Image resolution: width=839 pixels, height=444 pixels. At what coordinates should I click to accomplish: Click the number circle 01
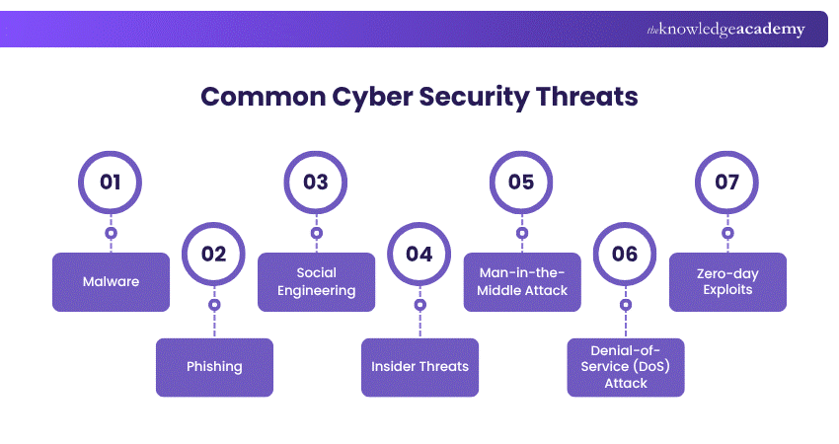111,183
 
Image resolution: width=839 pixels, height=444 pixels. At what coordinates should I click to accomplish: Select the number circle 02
214,254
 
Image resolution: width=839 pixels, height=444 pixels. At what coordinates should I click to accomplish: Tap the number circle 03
316,183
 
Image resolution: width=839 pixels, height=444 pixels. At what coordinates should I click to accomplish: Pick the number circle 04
419,254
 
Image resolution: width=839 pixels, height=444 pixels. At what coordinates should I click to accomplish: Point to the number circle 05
521,183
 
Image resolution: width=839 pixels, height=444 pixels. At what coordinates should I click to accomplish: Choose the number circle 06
625,254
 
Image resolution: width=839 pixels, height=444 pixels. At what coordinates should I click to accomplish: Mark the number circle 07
727,183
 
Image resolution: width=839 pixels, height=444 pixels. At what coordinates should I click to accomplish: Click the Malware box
111,282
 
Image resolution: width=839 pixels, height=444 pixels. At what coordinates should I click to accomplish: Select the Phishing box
214,367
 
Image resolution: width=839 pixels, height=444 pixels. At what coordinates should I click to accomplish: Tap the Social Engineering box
316,282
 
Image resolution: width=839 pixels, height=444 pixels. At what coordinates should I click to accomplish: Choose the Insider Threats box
419,367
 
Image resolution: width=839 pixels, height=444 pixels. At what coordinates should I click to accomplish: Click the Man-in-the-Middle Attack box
521,282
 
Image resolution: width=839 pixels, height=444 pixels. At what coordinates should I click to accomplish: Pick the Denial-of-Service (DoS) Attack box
626,367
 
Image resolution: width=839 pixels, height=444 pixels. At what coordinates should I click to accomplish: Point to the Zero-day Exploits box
727,282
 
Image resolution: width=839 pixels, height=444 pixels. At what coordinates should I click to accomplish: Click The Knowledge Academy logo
725,30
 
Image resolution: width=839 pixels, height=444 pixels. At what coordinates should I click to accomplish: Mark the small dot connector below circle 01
111,234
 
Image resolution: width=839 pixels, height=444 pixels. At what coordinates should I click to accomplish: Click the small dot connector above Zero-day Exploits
727,234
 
